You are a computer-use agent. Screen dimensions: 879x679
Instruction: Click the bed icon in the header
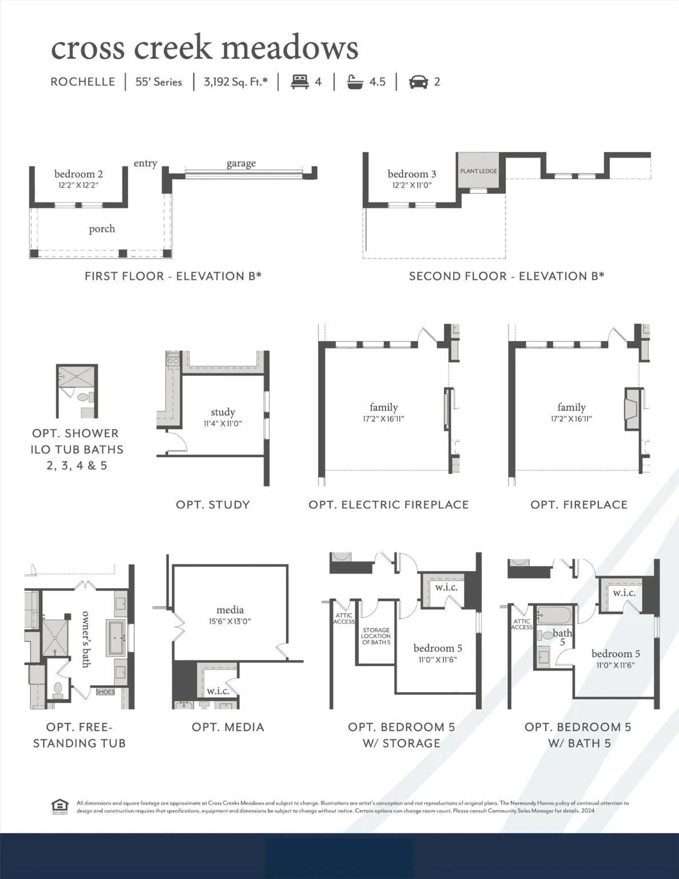click(300, 82)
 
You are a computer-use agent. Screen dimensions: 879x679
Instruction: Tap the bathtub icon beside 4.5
click(355, 82)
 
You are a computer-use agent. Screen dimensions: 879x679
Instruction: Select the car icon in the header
click(418, 82)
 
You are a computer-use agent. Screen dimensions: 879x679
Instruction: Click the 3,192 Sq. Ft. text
click(236, 82)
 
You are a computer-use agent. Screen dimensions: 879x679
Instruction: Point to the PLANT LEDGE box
click(479, 171)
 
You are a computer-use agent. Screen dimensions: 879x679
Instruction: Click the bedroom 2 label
click(78, 174)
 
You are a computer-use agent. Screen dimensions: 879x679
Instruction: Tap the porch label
click(102, 229)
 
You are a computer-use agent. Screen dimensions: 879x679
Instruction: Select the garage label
click(241, 164)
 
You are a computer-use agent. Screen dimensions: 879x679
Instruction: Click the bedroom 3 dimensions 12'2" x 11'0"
click(412, 185)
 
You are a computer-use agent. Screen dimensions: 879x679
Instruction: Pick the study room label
click(223, 412)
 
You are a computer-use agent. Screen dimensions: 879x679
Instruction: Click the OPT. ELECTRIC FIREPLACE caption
click(388, 505)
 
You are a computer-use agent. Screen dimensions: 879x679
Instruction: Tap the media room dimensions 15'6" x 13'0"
click(230, 621)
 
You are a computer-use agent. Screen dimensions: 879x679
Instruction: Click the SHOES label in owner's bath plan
click(105, 692)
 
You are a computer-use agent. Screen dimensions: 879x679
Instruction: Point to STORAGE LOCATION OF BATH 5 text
click(376, 636)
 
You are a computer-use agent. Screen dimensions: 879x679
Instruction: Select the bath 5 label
click(562, 636)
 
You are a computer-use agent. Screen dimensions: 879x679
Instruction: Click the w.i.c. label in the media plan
click(217, 691)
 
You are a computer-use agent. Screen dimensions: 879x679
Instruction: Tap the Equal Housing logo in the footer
click(59, 806)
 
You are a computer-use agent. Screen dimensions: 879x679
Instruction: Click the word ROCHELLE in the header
click(83, 82)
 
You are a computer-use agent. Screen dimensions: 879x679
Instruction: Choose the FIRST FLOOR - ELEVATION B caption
click(173, 276)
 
